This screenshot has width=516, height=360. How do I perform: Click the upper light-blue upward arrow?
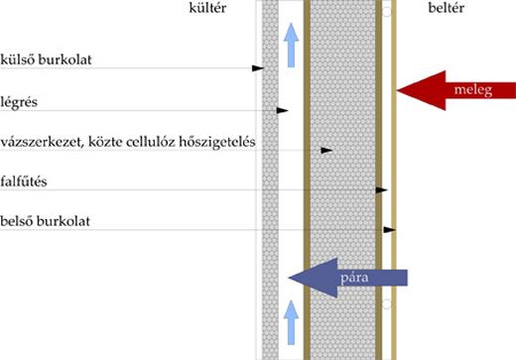pos(291,45)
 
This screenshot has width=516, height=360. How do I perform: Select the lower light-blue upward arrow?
pos(291,319)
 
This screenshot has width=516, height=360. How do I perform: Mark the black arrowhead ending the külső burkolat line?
pos(257,67)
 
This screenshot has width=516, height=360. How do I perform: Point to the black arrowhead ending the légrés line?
pos(282,109)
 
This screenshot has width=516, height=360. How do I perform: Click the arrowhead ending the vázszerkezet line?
pos(324,151)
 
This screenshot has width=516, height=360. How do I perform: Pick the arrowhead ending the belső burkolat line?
pos(390,230)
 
